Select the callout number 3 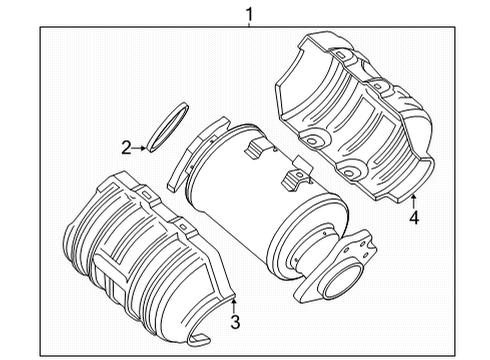point(237,321)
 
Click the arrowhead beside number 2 point(145,148)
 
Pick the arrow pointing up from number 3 point(233,298)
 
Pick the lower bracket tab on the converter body point(297,180)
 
